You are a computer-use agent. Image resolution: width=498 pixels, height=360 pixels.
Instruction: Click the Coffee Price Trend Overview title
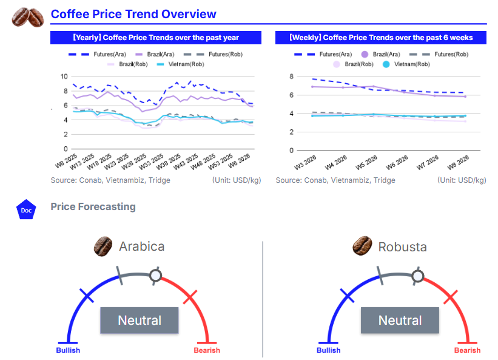click(133, 14)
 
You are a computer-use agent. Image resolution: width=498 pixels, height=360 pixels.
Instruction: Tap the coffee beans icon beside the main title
click(27, 16)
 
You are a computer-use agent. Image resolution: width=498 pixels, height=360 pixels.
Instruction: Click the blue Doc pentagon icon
click(26, 210)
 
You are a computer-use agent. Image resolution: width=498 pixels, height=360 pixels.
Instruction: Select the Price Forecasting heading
click(93, 207)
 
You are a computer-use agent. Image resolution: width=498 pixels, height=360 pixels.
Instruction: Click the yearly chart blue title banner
click(156, 38)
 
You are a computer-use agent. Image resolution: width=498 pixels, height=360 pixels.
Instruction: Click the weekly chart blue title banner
click(381, 38)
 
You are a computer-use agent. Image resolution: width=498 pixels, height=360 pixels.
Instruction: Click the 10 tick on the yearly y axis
click(64, 76)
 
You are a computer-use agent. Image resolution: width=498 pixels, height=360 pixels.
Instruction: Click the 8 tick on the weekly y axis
click(291, 77)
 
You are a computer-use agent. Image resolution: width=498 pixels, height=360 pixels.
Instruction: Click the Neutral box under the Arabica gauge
click(140, 320)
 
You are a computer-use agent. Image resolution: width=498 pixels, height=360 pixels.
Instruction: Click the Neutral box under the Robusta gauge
click(400, 320)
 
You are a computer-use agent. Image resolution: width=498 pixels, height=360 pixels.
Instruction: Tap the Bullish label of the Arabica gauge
click(68, 350)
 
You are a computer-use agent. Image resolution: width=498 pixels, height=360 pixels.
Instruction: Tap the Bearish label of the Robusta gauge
click(467, 350)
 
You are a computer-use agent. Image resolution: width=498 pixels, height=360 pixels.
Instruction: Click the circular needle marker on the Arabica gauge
click(156, 276)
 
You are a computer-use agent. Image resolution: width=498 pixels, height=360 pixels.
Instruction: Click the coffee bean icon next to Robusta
click(362, 246)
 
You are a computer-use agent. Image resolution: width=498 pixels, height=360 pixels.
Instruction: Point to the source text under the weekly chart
click(335, 180)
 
